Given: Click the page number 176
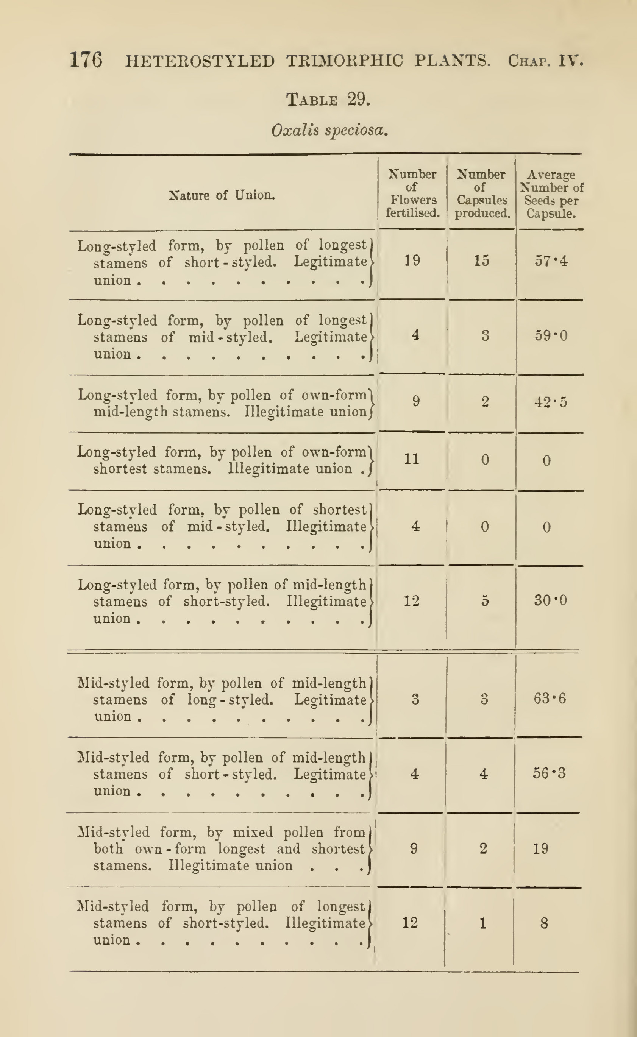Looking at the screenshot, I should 86,60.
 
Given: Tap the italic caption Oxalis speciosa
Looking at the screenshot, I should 329,130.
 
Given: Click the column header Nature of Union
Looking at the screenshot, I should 222,195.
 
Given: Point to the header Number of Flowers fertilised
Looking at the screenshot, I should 412,193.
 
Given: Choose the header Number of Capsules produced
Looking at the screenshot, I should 482,193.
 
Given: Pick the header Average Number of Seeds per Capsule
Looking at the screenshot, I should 551,194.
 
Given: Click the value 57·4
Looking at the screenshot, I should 551,261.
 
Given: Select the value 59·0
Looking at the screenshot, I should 551,336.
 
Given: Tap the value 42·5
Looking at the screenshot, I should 551,402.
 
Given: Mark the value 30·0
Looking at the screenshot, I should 550,600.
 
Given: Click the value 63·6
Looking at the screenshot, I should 550,699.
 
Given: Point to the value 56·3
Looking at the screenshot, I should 549,773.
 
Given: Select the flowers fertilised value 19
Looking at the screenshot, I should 412,261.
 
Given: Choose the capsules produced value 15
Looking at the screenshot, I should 482,261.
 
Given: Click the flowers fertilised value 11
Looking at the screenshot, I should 412,459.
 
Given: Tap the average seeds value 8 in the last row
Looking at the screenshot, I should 544,924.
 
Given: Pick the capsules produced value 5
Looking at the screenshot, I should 485,600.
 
